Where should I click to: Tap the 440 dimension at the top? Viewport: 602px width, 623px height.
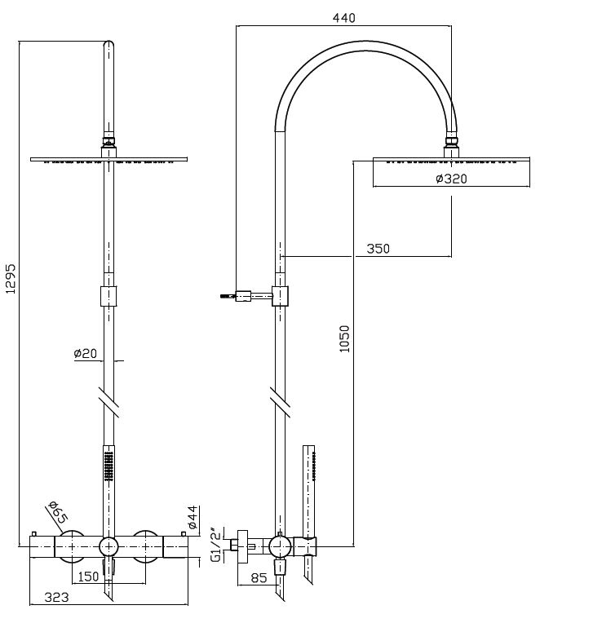[343, 18]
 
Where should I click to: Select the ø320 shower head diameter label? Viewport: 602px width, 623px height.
[451, 179]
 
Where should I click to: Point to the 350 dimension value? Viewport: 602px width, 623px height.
[378, 249]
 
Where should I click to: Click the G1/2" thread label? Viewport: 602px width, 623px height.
[215, 545]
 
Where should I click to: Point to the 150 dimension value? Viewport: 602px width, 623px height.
[88, 577]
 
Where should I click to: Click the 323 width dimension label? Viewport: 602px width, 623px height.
[54, 598]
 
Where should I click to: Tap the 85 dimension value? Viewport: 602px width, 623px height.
[258, 580]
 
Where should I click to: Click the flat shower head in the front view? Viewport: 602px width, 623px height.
[108, 159]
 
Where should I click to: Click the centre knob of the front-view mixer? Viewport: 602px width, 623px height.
[108, 546]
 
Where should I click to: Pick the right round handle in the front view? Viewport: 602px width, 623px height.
[147, 544]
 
